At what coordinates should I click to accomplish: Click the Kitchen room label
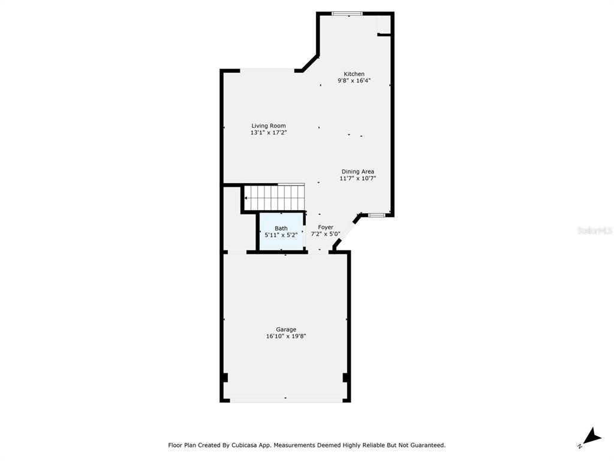354,74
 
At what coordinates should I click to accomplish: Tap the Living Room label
269,126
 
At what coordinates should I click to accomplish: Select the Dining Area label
357,171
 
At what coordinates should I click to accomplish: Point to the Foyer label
326,227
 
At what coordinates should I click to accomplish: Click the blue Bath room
281,231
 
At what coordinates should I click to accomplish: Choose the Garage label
286,330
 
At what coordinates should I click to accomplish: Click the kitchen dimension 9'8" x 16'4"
354,81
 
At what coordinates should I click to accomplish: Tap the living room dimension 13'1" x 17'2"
269,133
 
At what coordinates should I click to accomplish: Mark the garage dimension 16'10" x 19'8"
286,336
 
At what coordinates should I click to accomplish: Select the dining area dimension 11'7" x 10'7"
357,178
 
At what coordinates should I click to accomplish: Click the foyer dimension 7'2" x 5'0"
326,234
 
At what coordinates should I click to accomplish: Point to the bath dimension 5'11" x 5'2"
281,235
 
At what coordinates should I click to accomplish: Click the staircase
275,197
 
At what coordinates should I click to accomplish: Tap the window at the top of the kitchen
347,14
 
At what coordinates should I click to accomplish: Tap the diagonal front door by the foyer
346,234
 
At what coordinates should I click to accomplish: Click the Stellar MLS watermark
595,230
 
